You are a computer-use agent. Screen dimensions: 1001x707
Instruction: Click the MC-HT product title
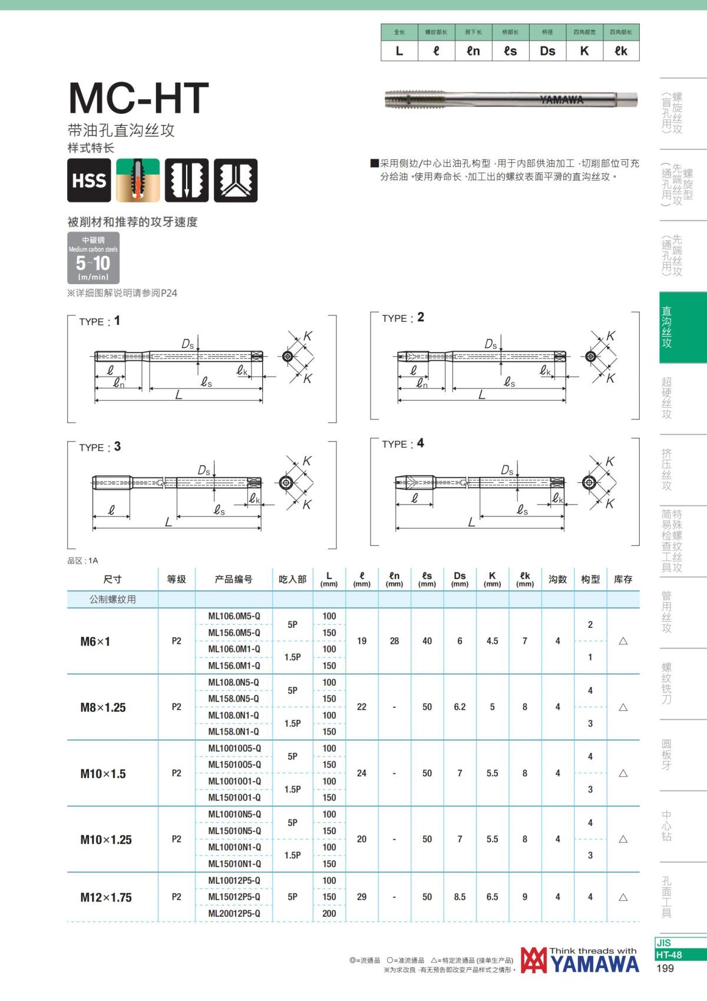pos(138,98)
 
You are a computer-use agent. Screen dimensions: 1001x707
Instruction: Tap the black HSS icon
pos(89,180)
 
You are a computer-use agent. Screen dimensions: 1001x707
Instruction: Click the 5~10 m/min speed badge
pos(93,258)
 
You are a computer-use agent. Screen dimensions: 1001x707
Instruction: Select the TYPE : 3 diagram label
pos(100,447)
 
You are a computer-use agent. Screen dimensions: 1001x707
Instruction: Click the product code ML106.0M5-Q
pos(234,616)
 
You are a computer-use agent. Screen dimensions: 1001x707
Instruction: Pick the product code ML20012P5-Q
pos(234,913)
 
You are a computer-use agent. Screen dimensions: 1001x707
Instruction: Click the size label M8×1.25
pos(103,707)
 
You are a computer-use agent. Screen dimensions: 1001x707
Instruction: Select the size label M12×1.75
pos(106,897)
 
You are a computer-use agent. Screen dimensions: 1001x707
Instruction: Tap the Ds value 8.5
pos(460,897)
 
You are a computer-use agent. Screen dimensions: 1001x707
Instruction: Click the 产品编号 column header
pos(233,579)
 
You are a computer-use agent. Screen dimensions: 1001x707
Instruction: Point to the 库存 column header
pos(623,579)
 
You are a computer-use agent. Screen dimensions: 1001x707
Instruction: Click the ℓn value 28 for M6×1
pos(394,641)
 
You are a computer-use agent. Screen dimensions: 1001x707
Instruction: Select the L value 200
pos(329,913)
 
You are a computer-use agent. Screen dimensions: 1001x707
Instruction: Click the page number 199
pos(665,968)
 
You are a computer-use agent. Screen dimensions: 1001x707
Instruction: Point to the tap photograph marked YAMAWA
pos(510,100)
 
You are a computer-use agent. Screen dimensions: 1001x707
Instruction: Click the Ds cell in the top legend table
pos(547,51)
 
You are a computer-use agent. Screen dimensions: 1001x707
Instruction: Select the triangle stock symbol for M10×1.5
pos(623,773)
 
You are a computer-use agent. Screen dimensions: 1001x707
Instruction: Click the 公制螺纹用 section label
pos(113,600)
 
